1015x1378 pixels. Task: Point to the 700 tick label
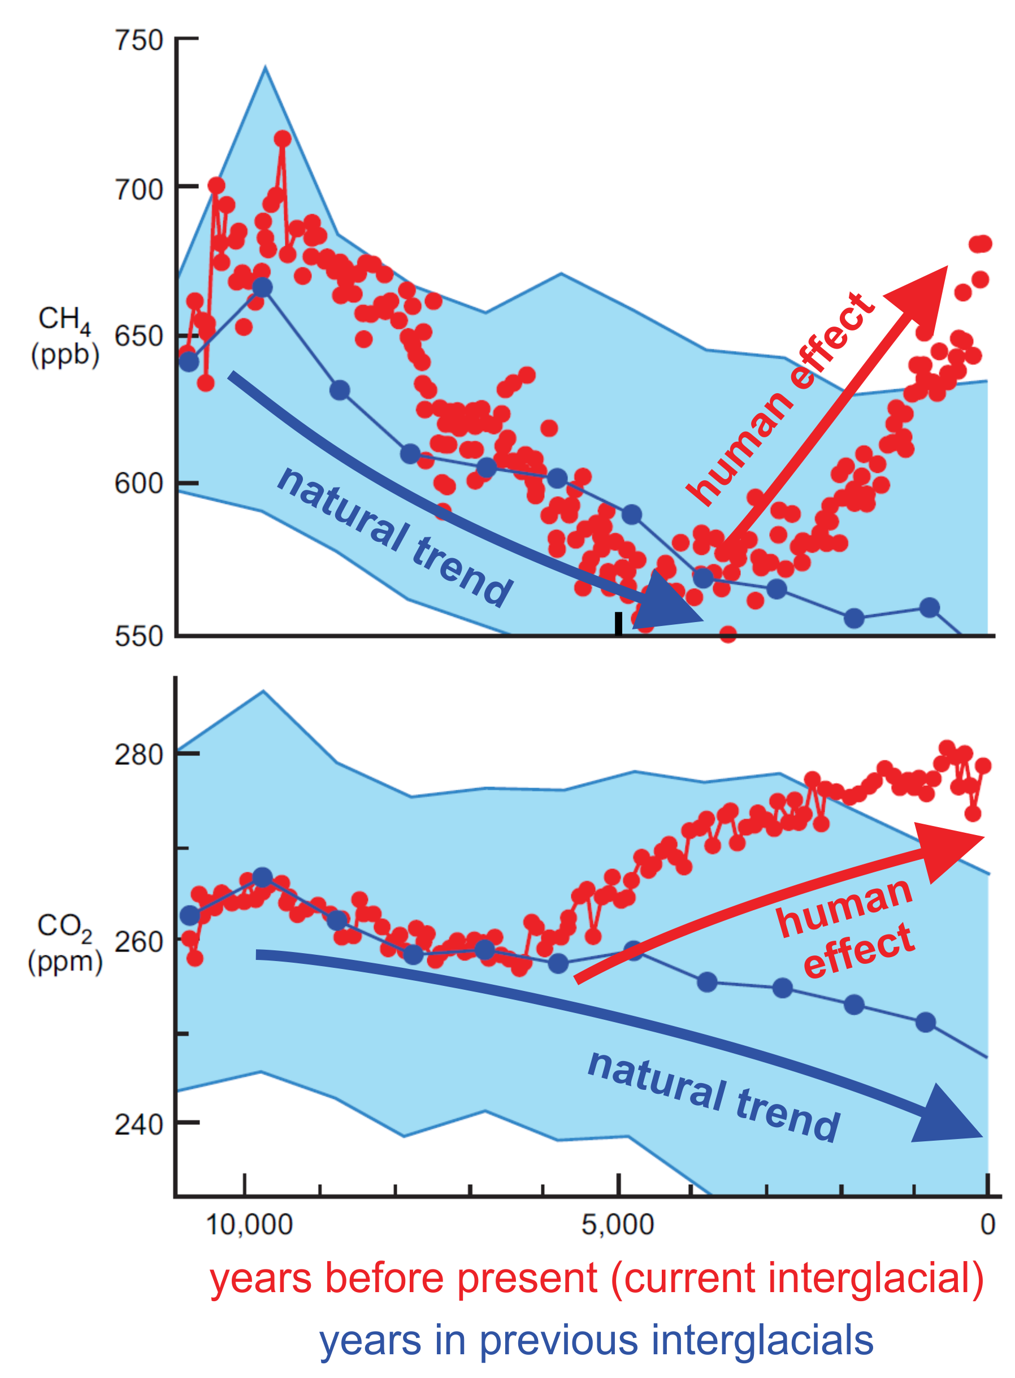click(139, 189)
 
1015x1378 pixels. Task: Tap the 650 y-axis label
click(139, 337)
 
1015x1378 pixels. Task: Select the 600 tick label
click(139, 484)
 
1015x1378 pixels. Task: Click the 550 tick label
click(139, 636)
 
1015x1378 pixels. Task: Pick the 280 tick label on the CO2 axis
click(139, 755)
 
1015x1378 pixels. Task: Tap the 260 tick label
click(139, 941)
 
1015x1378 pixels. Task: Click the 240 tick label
click(139, 1125)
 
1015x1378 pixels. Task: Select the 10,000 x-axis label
click(249, 1224)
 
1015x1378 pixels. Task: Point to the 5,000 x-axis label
click(618, 1224)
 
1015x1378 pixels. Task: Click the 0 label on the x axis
click(987, 1224)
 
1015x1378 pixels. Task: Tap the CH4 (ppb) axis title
click(64, 337)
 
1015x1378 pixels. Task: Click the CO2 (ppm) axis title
click(64, 943)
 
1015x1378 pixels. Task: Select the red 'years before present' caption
click(596, 1279)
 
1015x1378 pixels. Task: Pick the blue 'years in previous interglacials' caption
click(596, 1341)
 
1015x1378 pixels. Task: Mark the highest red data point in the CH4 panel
click(283, 139)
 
